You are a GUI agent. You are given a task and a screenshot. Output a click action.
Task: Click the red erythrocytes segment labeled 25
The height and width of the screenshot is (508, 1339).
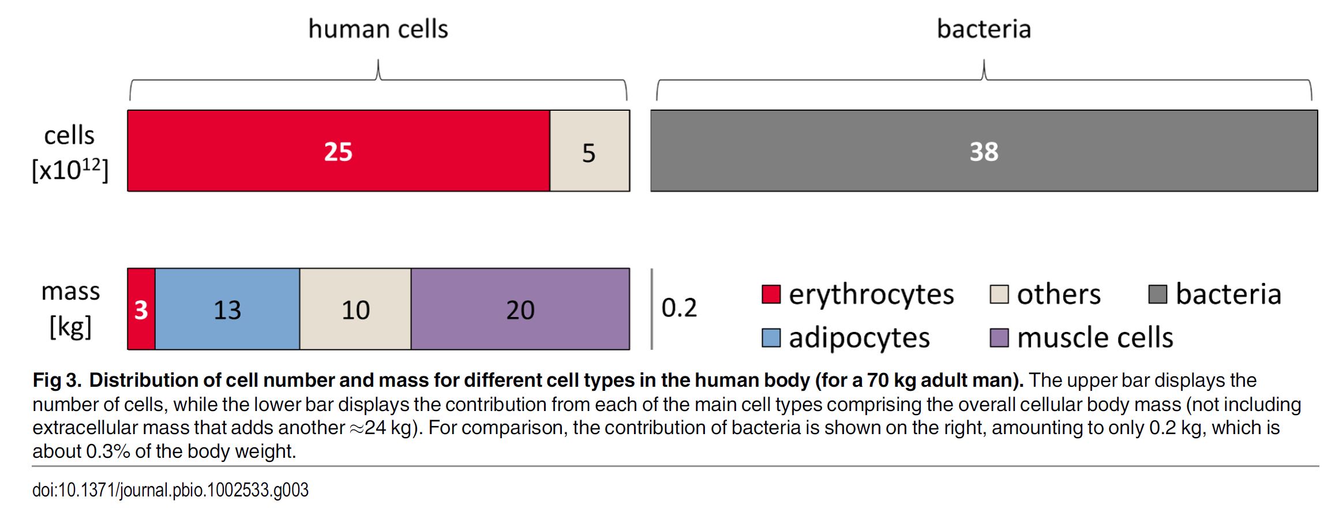338,151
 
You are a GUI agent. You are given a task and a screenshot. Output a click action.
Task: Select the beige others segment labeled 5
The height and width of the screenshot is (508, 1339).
589,151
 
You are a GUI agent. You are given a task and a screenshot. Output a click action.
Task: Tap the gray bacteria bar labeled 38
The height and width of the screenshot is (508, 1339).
984,151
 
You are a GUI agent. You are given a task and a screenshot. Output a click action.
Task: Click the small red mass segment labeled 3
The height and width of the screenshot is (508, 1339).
141,309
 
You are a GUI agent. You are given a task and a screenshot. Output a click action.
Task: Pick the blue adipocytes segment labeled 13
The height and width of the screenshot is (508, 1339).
227,309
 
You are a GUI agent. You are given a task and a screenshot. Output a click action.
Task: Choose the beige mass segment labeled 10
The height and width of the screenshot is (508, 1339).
355,309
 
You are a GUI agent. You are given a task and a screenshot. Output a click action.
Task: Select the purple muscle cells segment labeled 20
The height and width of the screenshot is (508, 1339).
520,309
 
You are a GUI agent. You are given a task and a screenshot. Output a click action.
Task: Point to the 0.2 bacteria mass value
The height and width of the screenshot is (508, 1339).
679,308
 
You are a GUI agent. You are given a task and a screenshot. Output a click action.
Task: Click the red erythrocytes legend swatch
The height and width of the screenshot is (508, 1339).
771,294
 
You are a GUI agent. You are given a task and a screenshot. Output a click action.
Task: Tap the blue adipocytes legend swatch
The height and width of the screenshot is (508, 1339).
771,338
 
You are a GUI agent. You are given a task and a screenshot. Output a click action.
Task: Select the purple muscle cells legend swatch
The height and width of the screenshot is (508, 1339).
999,338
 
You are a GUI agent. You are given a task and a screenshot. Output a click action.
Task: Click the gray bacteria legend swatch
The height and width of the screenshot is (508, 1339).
1157,294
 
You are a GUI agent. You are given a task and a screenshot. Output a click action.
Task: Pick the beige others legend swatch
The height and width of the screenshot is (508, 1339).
999,294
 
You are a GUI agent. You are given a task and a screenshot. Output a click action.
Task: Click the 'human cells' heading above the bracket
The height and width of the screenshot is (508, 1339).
378,29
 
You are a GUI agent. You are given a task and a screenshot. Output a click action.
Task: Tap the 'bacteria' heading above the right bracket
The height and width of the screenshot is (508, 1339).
984,29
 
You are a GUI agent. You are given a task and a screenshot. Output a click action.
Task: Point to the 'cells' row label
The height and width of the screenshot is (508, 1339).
69,136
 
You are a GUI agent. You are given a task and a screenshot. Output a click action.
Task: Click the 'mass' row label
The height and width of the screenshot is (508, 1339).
70,292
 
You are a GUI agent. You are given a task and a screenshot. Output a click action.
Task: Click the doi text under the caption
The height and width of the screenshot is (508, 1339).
170,490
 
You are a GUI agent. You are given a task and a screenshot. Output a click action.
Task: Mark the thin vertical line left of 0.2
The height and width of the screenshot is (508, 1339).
652,309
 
